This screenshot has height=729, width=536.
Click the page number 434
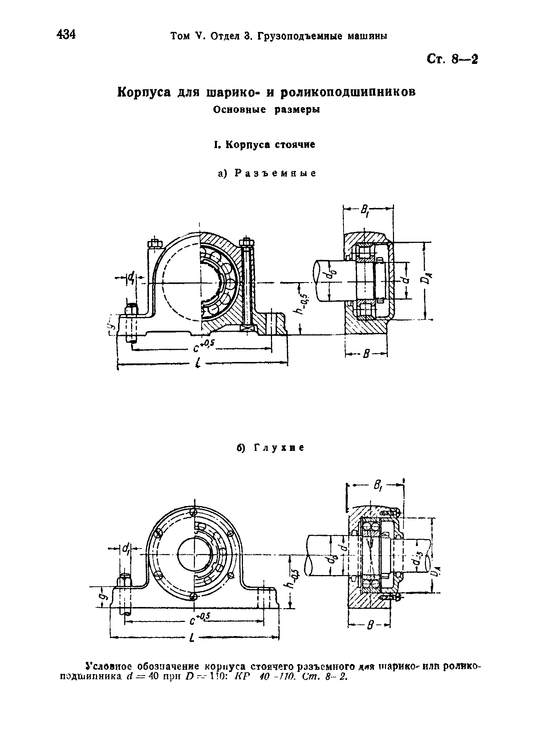(66, 35)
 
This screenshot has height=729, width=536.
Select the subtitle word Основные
(240, 110)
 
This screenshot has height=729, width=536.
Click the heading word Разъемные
(275, 174)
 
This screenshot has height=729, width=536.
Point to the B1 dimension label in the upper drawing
(365, 210)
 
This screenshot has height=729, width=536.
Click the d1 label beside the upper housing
(130, 278)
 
